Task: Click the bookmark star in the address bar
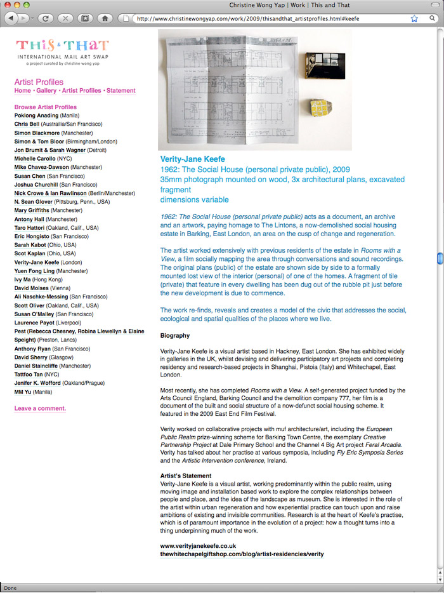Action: click(414, 18)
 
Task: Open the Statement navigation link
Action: click(121, 91)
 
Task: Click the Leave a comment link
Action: click(40, 408)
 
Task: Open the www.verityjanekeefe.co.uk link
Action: click(198, 545)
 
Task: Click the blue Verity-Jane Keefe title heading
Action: click(192, 159)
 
